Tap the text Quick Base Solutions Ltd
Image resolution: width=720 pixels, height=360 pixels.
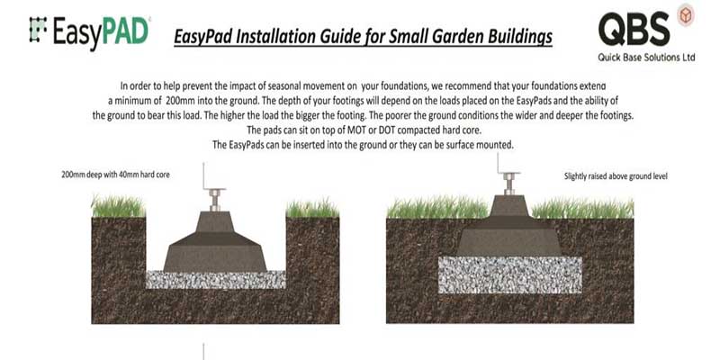645,57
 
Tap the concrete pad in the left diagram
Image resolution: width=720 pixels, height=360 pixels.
215,244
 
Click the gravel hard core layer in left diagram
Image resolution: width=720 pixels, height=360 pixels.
215,279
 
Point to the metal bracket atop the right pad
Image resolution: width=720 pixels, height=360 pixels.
510,182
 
